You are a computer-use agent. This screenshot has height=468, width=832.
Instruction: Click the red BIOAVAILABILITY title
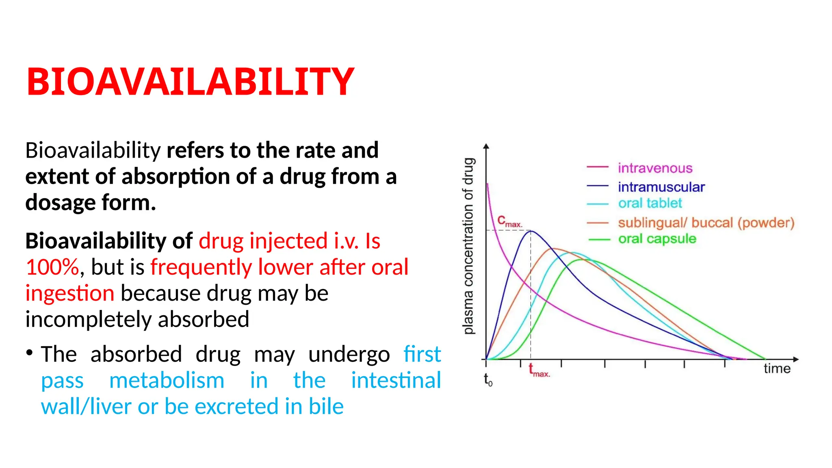click(190, 82)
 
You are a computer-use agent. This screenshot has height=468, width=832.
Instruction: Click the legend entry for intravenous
click(654, 168)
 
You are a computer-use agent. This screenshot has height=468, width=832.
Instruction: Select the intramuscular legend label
click(661, 187)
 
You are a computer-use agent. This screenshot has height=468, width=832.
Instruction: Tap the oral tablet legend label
click(650, 203)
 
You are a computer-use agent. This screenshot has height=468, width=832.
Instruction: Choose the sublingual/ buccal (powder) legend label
click(706, 223)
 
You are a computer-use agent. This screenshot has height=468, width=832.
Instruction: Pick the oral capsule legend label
click(657, 239)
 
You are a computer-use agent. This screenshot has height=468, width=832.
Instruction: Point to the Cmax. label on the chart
click(509, 222)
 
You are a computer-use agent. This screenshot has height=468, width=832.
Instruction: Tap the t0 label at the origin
click(488, 380)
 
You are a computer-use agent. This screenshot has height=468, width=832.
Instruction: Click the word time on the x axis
click(777, 368)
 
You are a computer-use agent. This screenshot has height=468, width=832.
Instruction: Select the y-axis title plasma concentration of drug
click(468, 246)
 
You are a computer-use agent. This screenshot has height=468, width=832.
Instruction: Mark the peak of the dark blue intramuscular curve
click(531, 231)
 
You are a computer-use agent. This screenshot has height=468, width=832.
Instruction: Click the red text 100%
click(52, 267)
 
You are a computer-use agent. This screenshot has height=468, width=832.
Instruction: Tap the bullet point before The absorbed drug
click(29, 352)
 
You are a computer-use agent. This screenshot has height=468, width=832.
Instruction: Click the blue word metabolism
click(167, 381)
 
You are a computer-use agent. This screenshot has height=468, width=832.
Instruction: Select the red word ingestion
click(70, 293)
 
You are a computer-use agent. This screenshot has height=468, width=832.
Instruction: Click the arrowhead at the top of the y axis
click(486, 147)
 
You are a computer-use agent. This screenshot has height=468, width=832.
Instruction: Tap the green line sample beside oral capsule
click(599, 240)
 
